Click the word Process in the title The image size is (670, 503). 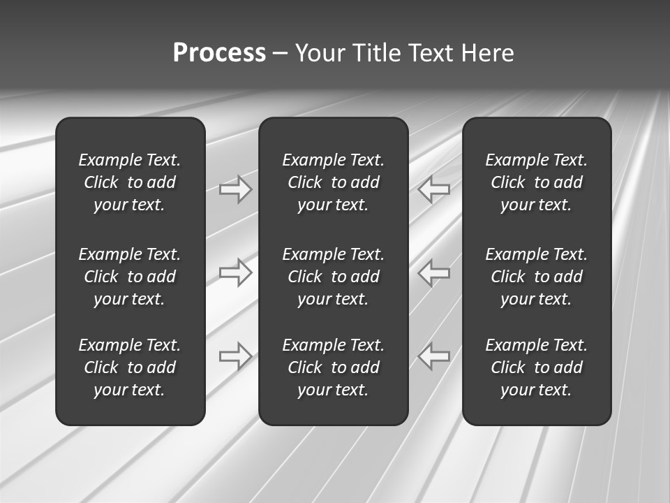pos(219,53)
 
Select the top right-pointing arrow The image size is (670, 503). pos(236,189)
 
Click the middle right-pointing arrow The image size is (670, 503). pos(236,272)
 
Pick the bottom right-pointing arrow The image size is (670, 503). pos(236,356)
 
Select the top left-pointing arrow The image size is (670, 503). pos(433,189)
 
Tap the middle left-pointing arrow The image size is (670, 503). pos(433,272)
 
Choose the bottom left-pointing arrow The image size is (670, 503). pos(433,356)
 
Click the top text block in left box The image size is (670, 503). pos(130,182)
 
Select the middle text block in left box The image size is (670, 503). pos(130,277)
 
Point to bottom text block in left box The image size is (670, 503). pos(130,367)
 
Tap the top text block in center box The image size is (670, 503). pos(333,182)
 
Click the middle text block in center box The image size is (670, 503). pos(333,277)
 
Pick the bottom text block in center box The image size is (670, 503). pos(333,367)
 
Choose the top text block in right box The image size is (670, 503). pos(536,182)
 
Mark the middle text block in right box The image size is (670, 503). pos(536,277)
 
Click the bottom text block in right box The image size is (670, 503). pos(536,367)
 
